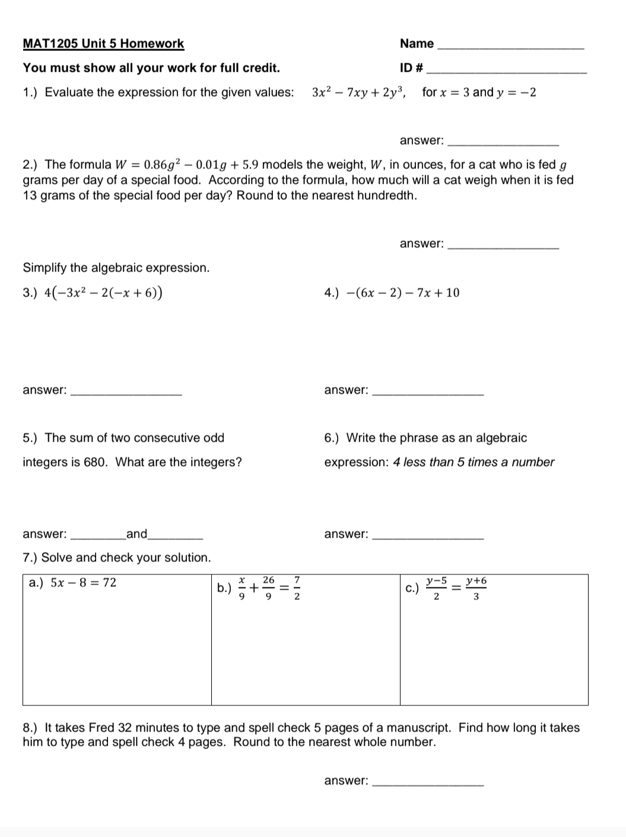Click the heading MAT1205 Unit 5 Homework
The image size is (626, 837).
(x=103, y=44)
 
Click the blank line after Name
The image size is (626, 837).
(x=510, y=47)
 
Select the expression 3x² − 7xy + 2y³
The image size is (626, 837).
(x=358, y=92)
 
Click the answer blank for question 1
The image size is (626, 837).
(x=503, y=144)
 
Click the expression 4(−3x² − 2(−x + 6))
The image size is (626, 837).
(x=104, y=293)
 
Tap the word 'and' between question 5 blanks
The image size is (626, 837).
(x=136, y=534)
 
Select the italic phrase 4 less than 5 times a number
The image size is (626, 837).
(x=474, y=462)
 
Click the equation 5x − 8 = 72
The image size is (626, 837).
(x=83, y=583)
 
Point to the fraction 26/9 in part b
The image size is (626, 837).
(x=269, y=588)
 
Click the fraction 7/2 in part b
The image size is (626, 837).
(x=297, y=588)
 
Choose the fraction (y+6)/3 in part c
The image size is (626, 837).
(x=476, y=588)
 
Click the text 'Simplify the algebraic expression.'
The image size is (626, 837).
(x=116, y=268)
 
